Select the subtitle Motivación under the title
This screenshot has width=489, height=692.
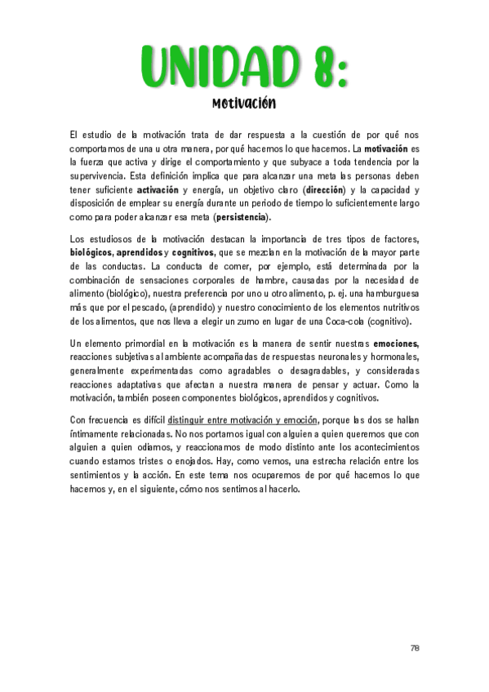click(243, 104)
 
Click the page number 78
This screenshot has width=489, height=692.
click(415, 648)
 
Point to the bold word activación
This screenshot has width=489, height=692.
click(158, 189)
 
